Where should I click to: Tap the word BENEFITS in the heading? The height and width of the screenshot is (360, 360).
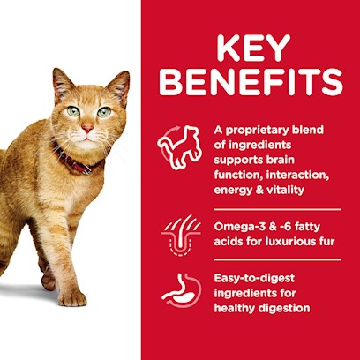[x=251, y=81]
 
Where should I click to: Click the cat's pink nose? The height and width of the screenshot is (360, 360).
[x=87, y=128]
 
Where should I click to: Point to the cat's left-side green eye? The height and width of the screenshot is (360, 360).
[x=73, y=111]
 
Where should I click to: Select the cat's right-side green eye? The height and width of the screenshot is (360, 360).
[x=104, y=112]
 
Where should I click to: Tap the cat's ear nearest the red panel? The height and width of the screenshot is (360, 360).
[x=118, y=86]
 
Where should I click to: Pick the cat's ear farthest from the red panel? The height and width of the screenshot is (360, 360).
[x=63, y=83]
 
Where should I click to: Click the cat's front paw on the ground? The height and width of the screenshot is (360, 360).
[x=72, y=297]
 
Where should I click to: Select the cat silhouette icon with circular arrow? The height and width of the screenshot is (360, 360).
[x=179, y=147]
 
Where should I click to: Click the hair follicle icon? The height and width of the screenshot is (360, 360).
[x=181, y=236]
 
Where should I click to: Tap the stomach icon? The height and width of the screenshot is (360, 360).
[x=181, y=290]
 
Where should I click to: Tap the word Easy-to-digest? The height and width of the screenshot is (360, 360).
[x=254, y=279]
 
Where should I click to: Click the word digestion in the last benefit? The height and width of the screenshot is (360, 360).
[x=284, y=309]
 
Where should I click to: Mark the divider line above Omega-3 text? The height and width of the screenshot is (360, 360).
[x=277, y=209]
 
